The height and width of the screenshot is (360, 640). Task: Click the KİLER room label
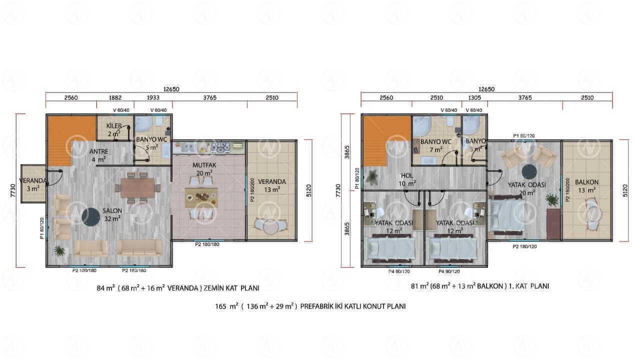click(x=114, y=126)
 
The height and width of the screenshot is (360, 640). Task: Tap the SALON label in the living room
click(x=112, y=211)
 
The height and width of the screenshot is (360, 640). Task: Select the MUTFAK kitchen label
click(x=204, y=165)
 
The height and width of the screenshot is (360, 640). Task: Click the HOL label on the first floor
click(x=407, y=175)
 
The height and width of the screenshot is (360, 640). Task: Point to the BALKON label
click(x=586, y=182)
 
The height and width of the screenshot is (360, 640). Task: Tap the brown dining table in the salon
click(x=137, y=187)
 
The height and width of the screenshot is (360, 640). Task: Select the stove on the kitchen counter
click(x=220, y=147)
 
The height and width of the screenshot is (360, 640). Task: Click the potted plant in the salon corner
click(x=59, y=251)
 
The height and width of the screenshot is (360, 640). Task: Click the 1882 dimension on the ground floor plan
click(x=115, y=97)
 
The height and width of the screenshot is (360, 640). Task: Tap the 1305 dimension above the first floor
click(x=474, y=97)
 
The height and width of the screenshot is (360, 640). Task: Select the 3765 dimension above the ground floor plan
click(x=209, y=97)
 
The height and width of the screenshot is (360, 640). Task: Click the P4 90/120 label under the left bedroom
click(x=399, y=271)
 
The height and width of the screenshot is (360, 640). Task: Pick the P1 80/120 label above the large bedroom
click(x=524, y=135)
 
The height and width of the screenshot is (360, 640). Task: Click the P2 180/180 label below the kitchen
click(x=207, y=244)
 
